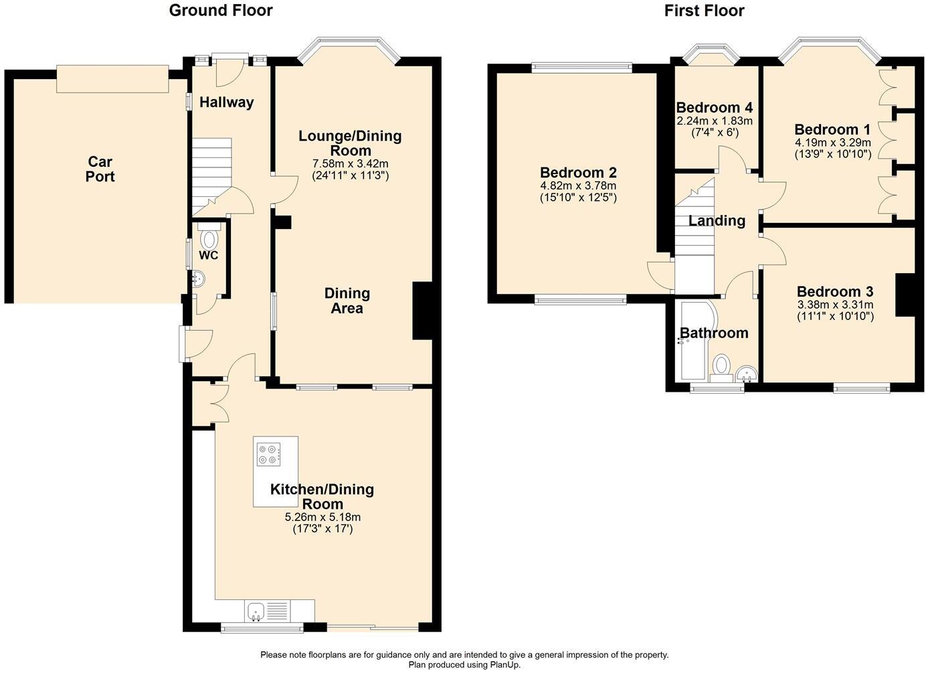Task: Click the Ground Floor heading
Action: point(221,11)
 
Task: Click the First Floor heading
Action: point(704,11)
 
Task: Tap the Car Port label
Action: point(100,169)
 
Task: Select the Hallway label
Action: point(227,102)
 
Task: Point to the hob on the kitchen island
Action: point(269,454)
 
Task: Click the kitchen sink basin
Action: point(256,612)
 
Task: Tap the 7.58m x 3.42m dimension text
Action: point(350,163)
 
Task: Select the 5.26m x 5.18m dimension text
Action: point(322,517)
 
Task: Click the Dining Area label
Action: point(347,301)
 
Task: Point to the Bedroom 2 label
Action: point(578,172)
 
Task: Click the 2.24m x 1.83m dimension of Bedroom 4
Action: point(715,121)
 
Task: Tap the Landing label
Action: point(717,220)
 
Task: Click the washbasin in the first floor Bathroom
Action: point(747,373)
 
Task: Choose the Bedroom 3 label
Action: point(835,291)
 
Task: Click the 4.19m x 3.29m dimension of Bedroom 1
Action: point(832,143)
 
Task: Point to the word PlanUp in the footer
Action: point(504,665)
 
